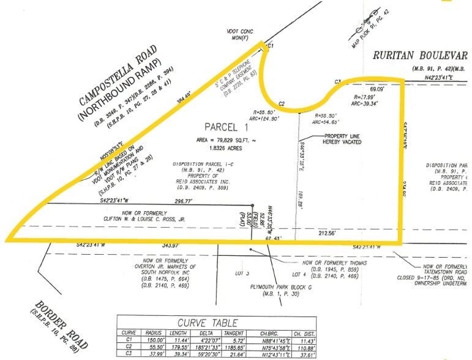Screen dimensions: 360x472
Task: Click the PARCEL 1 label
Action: pos(222,127)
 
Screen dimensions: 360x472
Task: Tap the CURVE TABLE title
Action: pos(208,323)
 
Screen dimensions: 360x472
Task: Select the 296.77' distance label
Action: pos(183,200)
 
